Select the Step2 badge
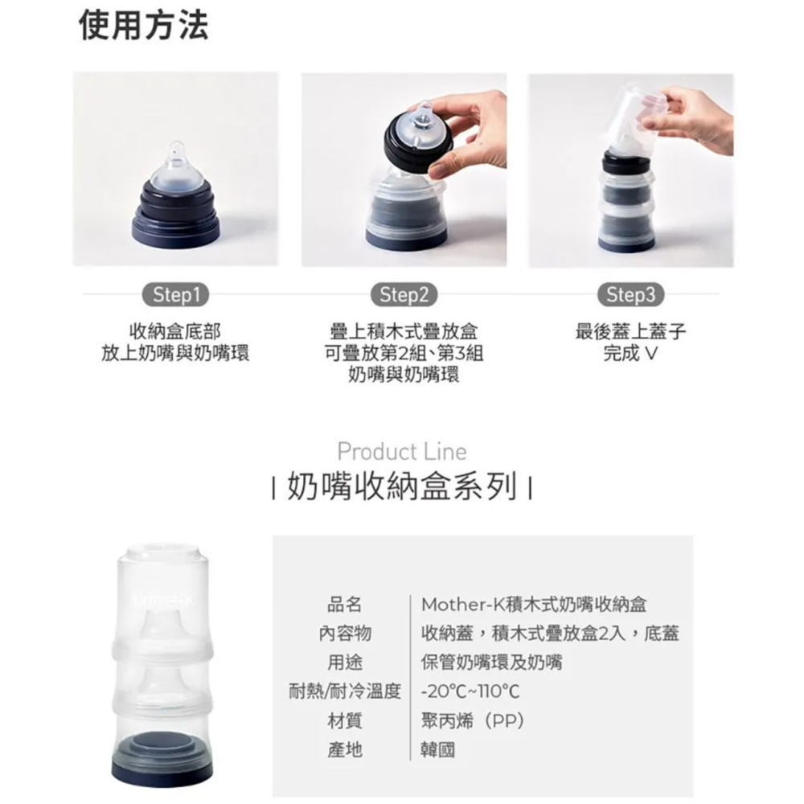[x=405, y=295]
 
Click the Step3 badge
[x=631, y=295]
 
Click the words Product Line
[x=401, y=451]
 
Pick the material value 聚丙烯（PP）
[x=474, y=721]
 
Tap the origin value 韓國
[x=438, y=750]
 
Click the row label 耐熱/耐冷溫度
[x=345, y=691]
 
